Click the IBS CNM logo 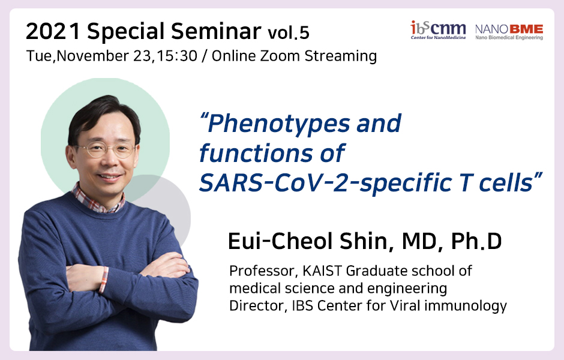tap(438, 30)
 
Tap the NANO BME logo tap(509, 32)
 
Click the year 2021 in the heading tap(53, 31)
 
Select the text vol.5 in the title tap(289, 33)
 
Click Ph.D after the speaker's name tap(476, 241)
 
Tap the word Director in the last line tap(257, 305)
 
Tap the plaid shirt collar tap(98, 200)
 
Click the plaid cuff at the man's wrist tap(104, 280)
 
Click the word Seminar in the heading tap(216, 31)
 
